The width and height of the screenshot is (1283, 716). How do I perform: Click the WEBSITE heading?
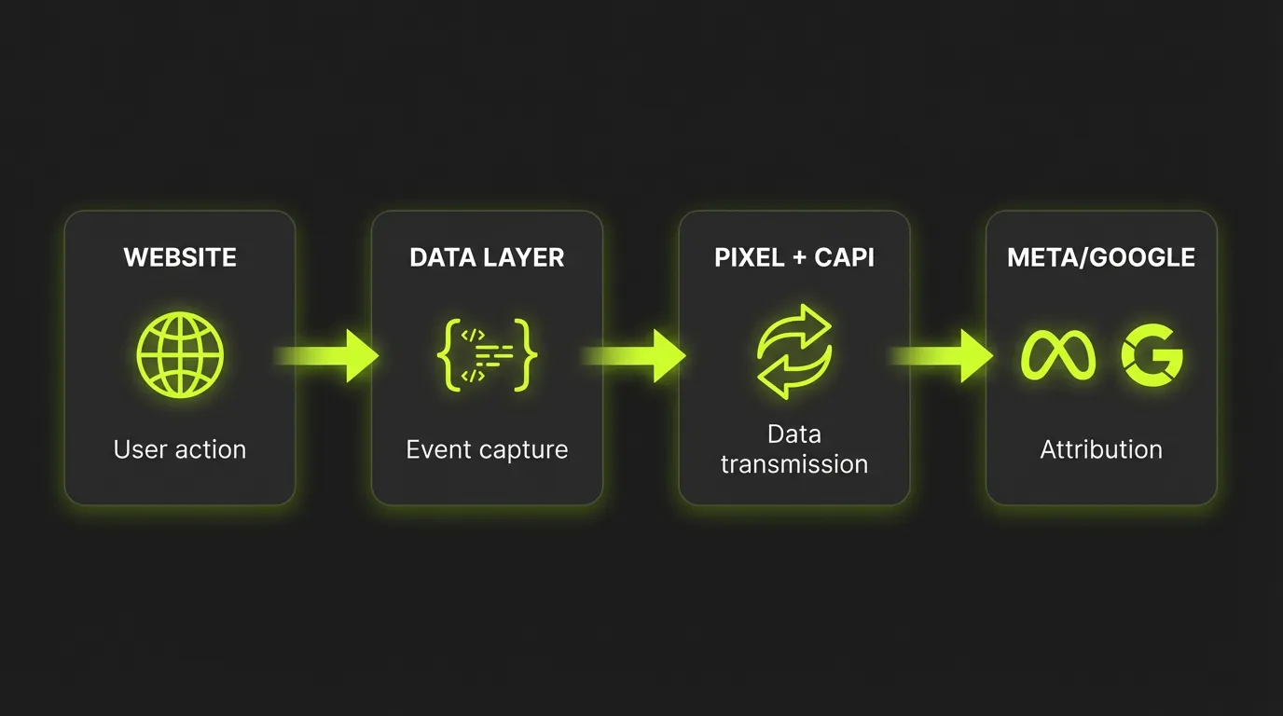180,257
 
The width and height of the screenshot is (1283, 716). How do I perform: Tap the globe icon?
180,355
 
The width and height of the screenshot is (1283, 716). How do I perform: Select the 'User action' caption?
180,449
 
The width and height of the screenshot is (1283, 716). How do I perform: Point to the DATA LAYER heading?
487,257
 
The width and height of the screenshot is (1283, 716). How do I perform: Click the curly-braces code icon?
487,355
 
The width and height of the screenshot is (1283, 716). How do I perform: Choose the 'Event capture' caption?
487,449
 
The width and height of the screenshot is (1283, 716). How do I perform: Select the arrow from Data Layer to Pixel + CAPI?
640,355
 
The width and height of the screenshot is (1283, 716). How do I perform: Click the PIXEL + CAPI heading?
794,257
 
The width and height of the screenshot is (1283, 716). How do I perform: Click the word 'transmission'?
794,464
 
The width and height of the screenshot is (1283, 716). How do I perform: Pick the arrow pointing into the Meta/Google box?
946,355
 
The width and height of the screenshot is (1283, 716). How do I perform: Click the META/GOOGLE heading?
1101,257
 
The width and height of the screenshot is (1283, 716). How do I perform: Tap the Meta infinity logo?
1058,355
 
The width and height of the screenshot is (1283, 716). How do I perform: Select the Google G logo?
1152,355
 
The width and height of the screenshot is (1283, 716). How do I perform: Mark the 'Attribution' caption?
1101,449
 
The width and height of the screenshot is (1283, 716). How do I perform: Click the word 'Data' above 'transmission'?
794,434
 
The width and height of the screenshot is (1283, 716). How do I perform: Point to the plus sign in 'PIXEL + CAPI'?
799,258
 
